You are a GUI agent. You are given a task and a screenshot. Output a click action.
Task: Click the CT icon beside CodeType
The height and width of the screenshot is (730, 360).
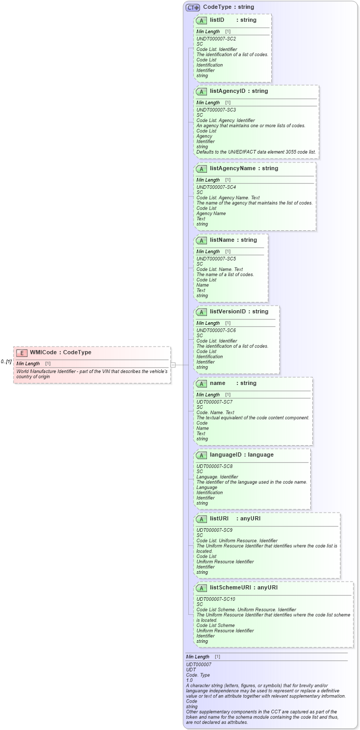[193, 7]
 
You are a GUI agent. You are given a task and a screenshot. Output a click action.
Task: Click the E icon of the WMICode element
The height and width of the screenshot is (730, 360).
[22, 353]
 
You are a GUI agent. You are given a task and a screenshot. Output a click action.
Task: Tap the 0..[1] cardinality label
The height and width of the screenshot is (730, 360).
[6, 362]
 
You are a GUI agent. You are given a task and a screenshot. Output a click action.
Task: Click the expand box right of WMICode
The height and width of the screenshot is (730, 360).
[173, 365]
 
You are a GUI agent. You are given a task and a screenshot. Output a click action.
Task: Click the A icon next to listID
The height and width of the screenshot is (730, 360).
[201, 20]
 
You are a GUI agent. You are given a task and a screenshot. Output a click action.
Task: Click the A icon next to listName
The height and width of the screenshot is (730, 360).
[201, 240]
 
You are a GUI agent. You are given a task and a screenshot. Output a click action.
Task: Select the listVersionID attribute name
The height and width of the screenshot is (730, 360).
[228, 312]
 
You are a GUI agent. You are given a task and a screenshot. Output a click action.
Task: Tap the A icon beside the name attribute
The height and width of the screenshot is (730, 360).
[201, 383]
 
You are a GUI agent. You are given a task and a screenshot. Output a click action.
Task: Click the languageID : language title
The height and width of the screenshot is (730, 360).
[241, 455]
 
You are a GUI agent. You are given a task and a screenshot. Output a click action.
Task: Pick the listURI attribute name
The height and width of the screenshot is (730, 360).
[219, 519]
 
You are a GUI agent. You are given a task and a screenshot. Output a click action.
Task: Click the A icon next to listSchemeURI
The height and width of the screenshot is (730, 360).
[201, 588]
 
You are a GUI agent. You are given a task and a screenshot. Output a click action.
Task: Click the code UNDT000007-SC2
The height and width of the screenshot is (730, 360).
[216, 39]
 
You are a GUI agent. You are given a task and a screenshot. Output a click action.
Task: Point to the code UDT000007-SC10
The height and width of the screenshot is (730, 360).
[215, 599]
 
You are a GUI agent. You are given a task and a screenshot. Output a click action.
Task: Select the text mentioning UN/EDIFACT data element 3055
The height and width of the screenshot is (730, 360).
[256, 152]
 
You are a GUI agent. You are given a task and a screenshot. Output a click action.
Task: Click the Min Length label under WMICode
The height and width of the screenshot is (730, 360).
[28, 364]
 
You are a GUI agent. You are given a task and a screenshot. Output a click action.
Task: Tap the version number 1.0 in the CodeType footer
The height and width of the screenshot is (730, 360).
[189, 680]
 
